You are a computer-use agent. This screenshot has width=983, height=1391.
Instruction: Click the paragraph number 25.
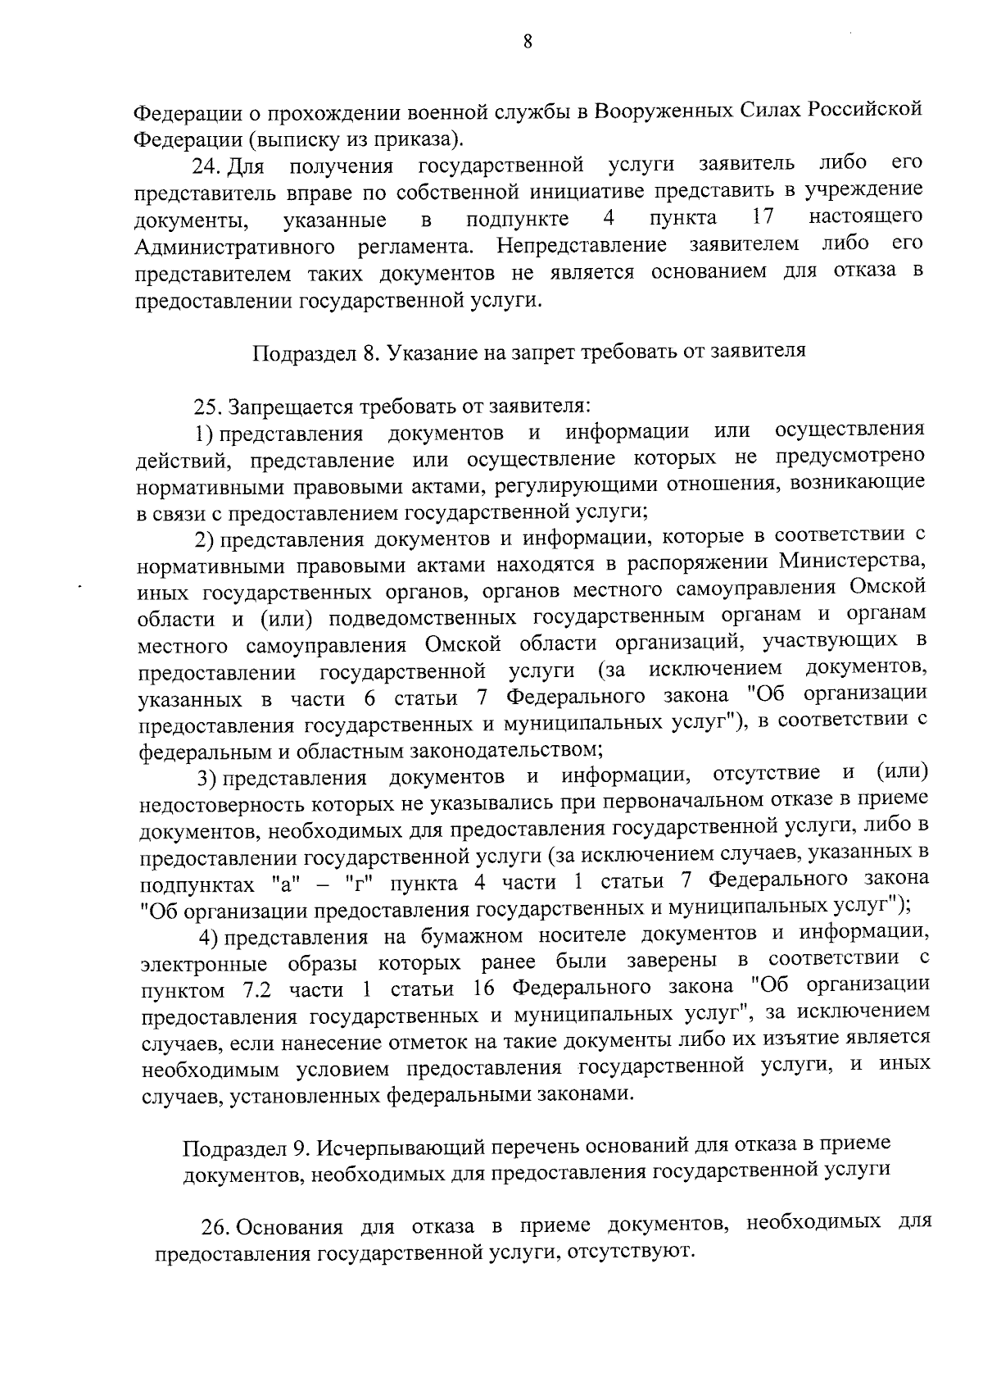[x=208, y=407]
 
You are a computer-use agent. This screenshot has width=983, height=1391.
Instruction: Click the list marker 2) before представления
[x=204, y=539]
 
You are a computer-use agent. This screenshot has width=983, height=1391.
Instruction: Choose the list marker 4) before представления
[x=211, y=936]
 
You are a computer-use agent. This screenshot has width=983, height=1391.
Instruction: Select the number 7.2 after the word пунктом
[x=262, y=990]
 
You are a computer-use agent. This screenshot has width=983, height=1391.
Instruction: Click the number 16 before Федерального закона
[x=484, y=989]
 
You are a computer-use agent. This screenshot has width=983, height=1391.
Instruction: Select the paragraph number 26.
[x=216, y=1227]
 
